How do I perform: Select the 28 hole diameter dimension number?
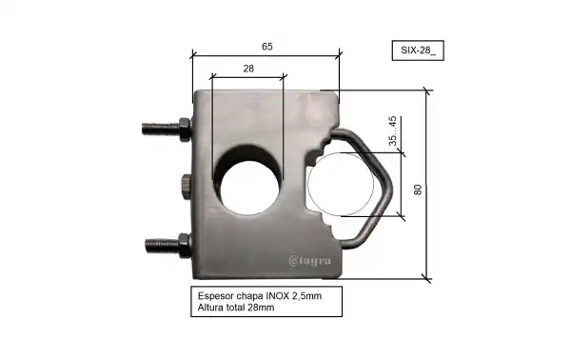[247, 69]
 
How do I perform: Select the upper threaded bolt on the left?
[167, 126]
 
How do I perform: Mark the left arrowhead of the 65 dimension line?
[194, 55]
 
